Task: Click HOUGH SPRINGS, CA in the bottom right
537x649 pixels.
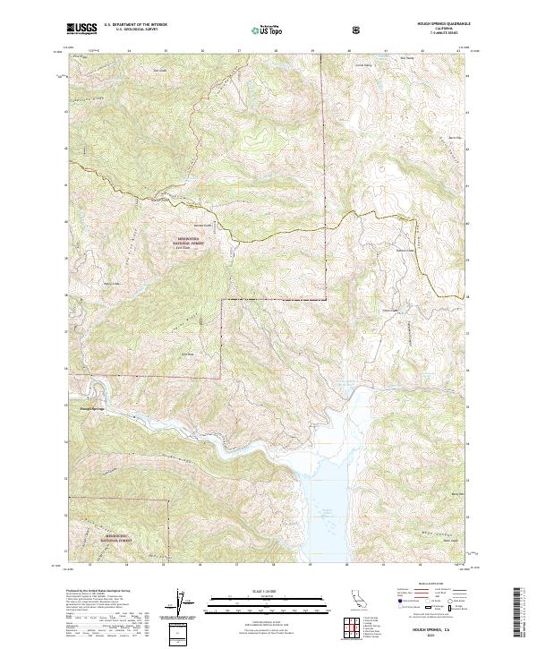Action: [434, 629]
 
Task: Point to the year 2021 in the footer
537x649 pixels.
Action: [434, 636]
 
